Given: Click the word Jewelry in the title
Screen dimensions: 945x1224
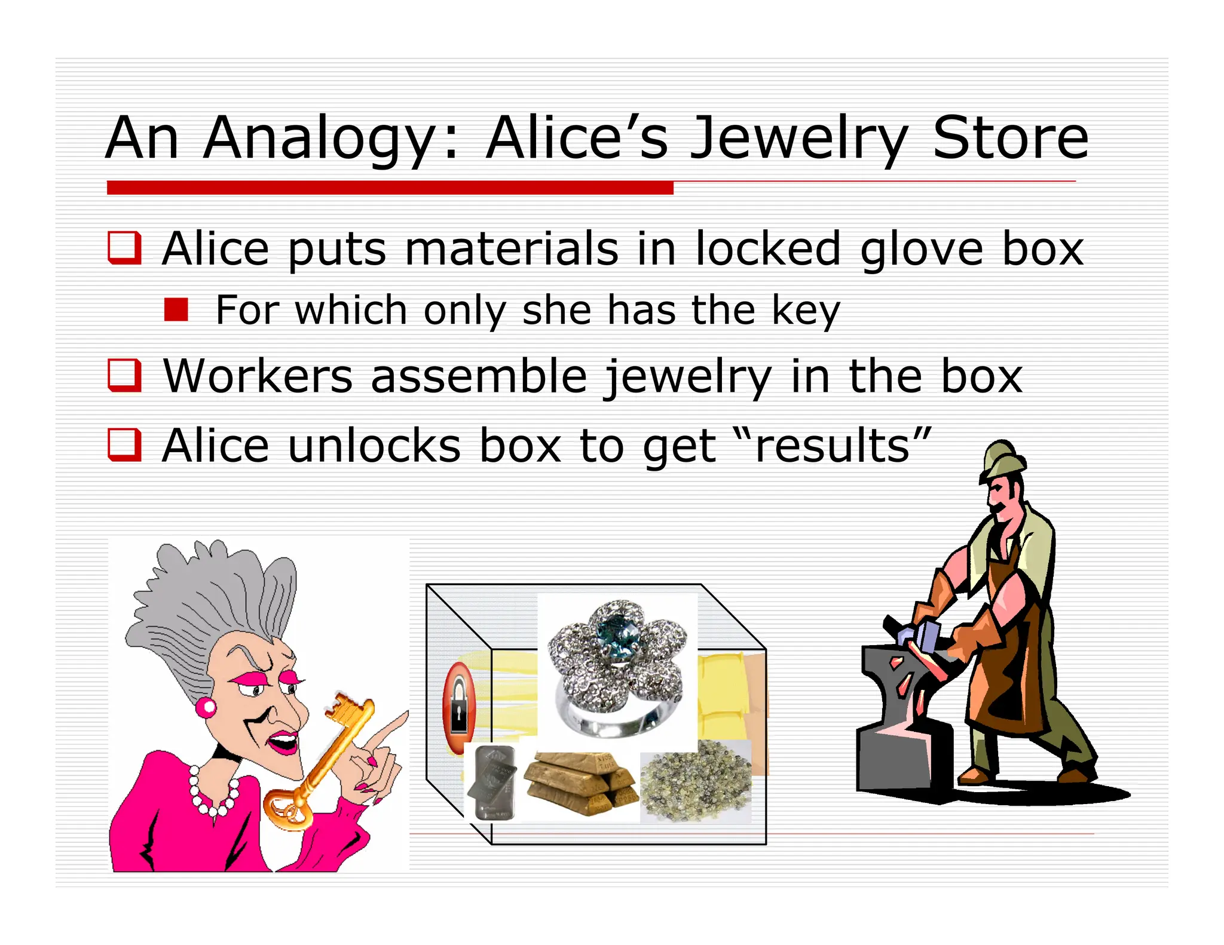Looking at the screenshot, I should (x=798, y=139).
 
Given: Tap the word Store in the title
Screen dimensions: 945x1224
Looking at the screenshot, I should (x=1010, y=139).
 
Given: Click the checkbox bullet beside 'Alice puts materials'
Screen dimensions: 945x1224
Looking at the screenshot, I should (x=124, y=247).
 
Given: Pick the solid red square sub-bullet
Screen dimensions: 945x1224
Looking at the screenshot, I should (x=176, y=310).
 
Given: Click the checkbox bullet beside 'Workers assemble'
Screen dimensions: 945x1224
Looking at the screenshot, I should (x=124, y=375).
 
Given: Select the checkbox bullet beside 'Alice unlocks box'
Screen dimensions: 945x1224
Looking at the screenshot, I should (x=124, y=445).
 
